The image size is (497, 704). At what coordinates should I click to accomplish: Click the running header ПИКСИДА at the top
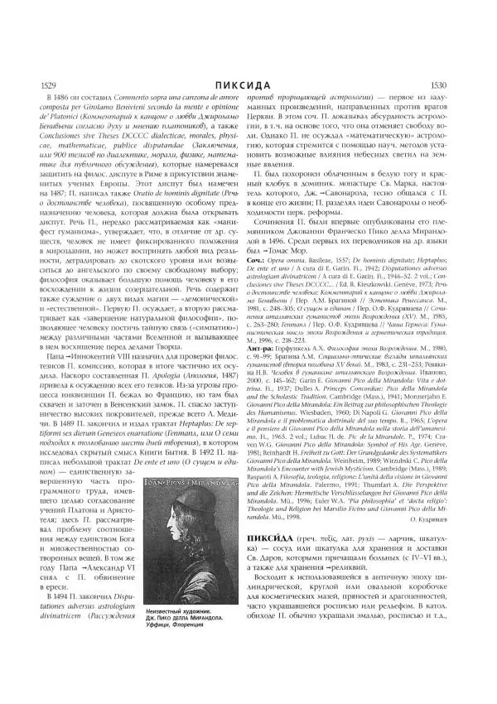248,84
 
